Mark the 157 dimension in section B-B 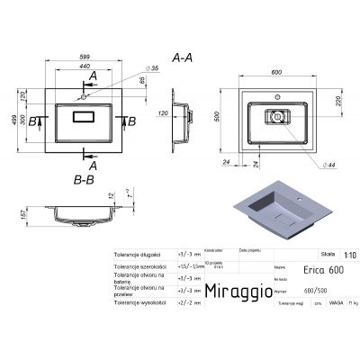[10, 216]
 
